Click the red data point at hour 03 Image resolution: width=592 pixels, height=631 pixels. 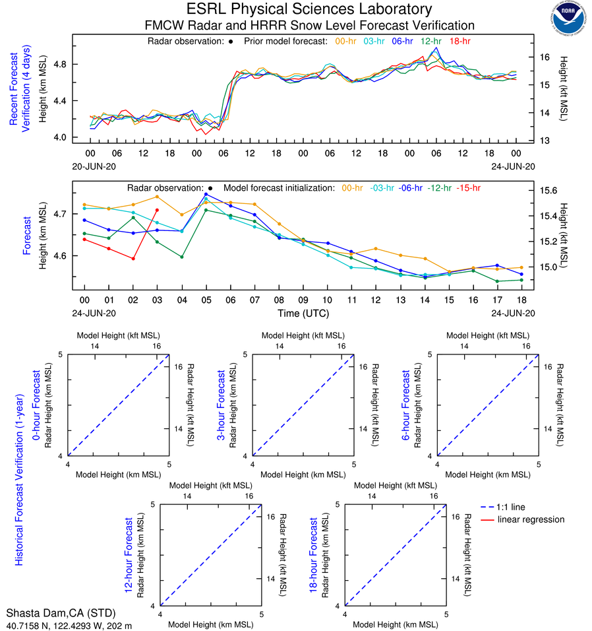[157, 210]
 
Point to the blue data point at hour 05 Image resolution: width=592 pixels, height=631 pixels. [206, 194]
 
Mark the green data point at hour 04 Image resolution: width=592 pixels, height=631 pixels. [181, 257]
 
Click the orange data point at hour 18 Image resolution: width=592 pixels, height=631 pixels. [521, 267]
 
